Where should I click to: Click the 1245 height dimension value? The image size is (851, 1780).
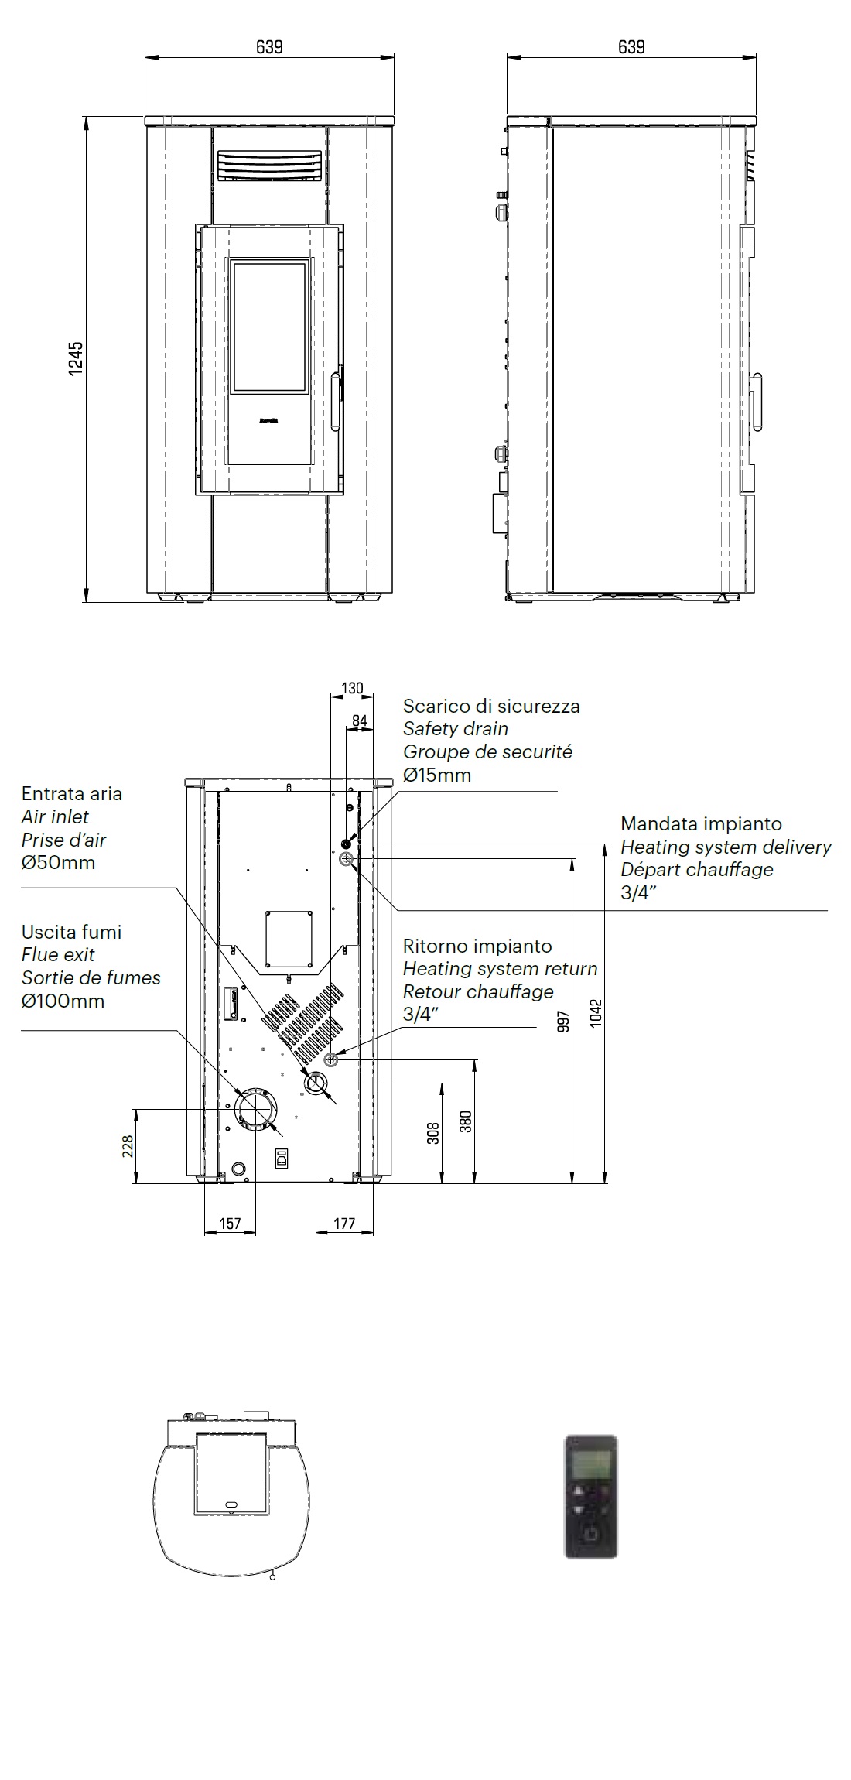pyautogui.click(x=75, y=359)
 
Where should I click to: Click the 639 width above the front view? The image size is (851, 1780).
pyautogui.click(x=269, y=47)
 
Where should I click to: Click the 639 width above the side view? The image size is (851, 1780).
pyautogui.click(x=631, y=47)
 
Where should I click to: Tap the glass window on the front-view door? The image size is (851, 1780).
pyautogui.click(x=269, y=326)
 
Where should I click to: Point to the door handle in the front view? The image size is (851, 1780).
pyautogui.click(x=335, y=401)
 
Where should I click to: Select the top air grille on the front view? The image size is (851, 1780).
pyautogui.click(x=268, y=166)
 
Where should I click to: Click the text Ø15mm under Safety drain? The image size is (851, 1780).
pyautogui.click(x=437, y=775)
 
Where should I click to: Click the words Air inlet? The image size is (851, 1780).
pyautogui.click(x=55, y=816)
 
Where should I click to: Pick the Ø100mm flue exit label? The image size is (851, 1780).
pyautogui.click(x=63, y=1001)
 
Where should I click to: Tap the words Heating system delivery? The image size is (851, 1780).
pyautogui.click(x=726, y=847)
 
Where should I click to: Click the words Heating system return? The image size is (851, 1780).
pyautogui.click(x=500, y=968)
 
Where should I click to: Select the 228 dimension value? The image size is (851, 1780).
pyautogui.click(x=128, y=1146)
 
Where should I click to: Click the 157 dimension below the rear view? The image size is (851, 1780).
pyautogui.click(x=231, y=1224)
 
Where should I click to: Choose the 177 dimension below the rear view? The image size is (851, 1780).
pyautogui.click(x=344, y=1224)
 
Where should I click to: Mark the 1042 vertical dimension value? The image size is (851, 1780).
pyautogui.click(x=596, y=1012)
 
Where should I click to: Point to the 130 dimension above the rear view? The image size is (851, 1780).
pyautogui.click(x=352, y=688)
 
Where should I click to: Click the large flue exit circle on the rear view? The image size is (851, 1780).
pyautogui.click(x=255, y=1109)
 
